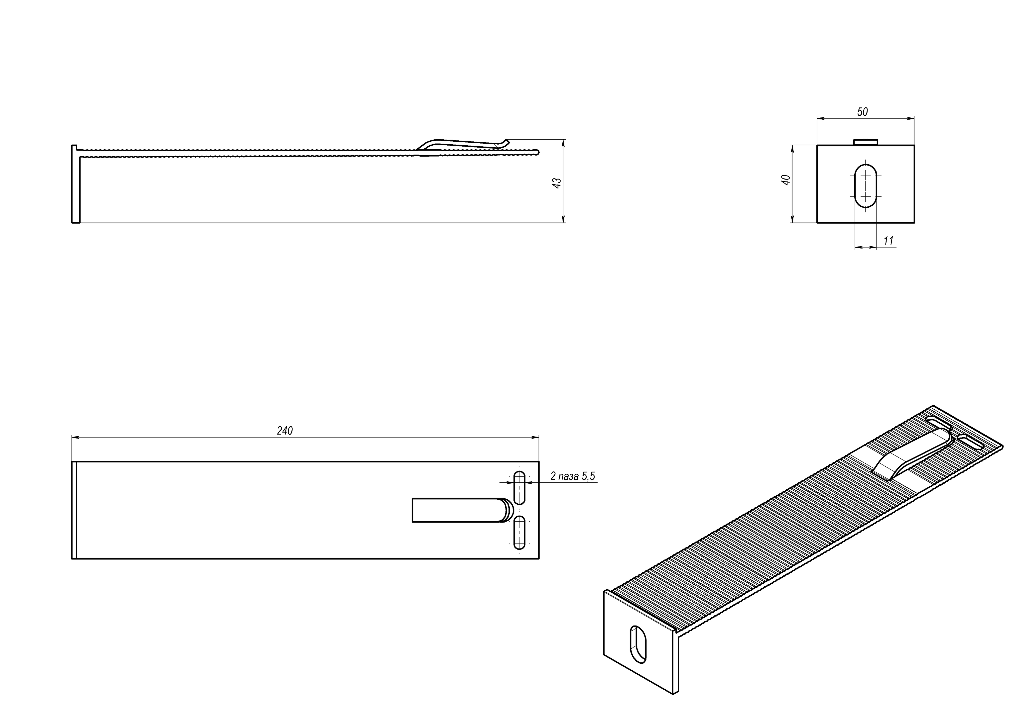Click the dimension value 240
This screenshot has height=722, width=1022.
click(285, 431)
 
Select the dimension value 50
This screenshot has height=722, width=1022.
click(862, 112)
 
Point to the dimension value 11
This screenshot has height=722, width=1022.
click(888, 241)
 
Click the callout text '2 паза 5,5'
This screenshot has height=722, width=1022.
click(572, 476)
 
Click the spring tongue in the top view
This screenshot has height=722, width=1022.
click(458, 510)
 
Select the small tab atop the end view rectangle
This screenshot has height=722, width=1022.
click(865, 142)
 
